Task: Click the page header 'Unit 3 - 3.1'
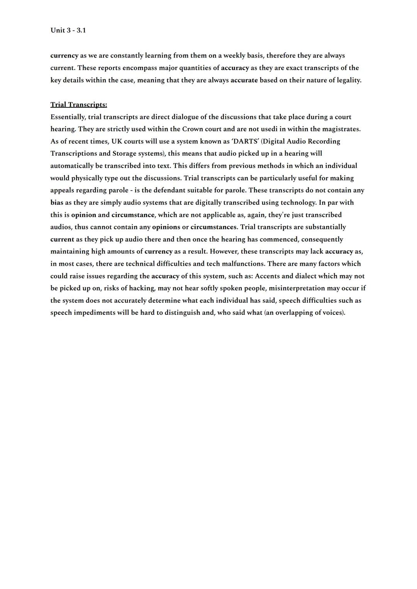point(68,30)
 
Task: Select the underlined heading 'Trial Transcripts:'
point(79,105)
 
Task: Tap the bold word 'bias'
point(57,203)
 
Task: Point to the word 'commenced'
point(278,239)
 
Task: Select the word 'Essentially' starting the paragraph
point(67,117)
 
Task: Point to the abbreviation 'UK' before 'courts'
point(117,141)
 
